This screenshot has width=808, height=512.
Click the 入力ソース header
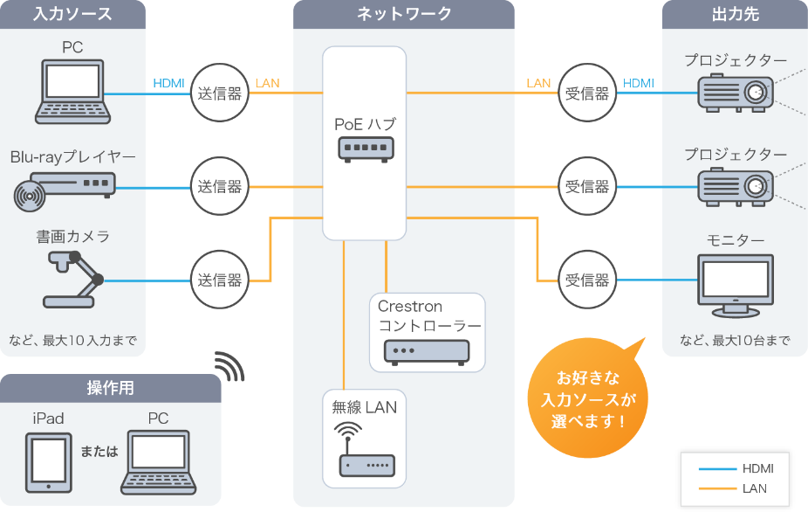coord(72,14)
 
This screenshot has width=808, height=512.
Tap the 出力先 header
coord(734,14)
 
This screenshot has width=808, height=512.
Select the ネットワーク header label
coord(404,14)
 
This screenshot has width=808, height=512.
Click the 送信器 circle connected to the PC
coord(219,93)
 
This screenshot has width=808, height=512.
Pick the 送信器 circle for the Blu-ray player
coord(219,186)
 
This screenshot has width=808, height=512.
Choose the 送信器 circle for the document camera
coord(219,280)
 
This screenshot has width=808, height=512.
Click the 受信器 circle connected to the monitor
coord(586,280)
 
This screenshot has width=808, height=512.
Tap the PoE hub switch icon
coord(365,150)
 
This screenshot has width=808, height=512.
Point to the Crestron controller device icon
coord(426,350)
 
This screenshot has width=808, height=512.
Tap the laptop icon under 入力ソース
coord(72,90)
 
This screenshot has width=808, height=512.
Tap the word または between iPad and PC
coord(99,452)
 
